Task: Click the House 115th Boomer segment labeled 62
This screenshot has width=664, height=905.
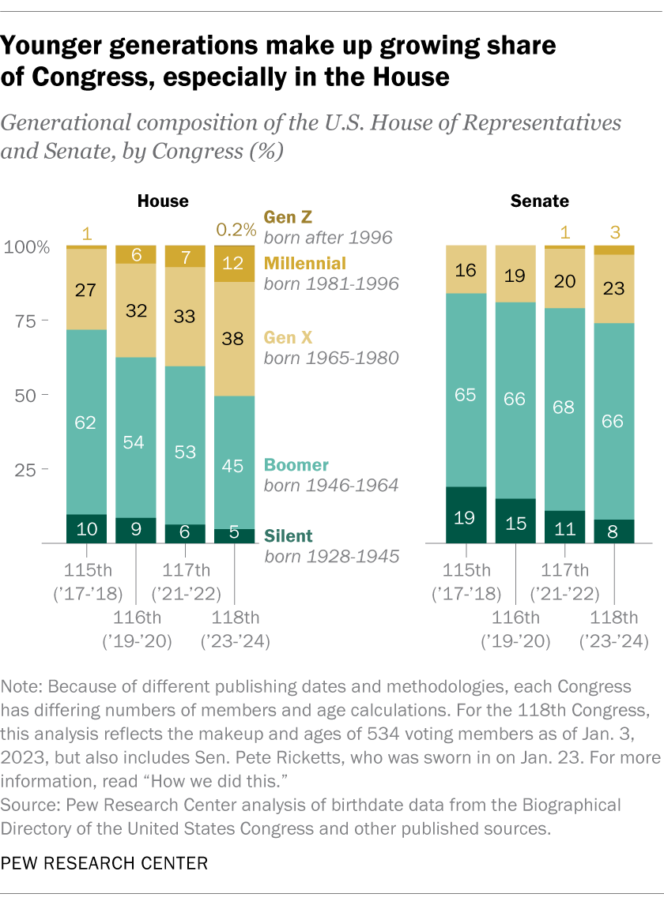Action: (x=86, y=422)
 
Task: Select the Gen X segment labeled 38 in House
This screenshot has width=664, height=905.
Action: (x=234, y=339)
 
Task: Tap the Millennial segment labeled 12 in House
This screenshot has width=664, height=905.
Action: (x=234, y=264)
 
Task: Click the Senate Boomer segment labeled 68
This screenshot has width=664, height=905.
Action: (x=565, y=409)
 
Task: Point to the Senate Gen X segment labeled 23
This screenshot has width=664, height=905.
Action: (x=614, y=288)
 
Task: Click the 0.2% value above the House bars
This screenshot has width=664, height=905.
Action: (x=236, y=230)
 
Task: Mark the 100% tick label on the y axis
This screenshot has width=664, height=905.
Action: (x=26, y=246)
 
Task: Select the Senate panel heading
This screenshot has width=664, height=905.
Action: (x=540, y=201)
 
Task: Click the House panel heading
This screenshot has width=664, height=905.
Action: (x=163, y=201)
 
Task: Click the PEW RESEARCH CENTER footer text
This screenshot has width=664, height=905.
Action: (x=104, y=864)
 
